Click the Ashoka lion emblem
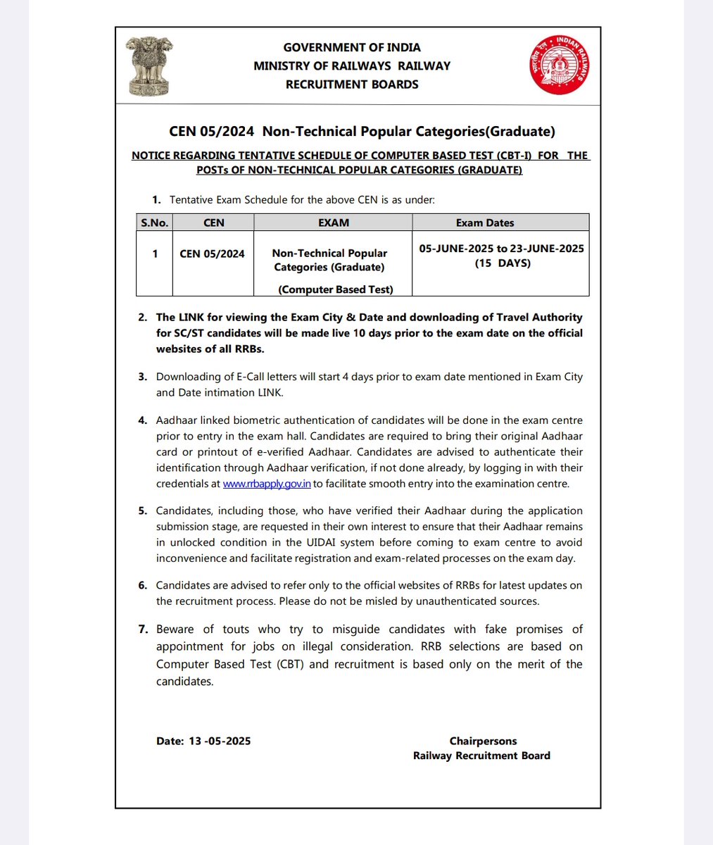148,68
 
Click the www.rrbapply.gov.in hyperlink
267,484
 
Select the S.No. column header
154,223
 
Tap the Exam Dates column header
485,223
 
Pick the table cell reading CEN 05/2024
213,254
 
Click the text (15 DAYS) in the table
502,263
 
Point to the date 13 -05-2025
220,741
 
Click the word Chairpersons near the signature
483,741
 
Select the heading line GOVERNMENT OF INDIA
352,47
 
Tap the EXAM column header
334,223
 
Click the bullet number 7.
143,629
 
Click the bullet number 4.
143,420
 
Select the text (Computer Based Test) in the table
336,289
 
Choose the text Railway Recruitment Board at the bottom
481,756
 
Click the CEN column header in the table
213,223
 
